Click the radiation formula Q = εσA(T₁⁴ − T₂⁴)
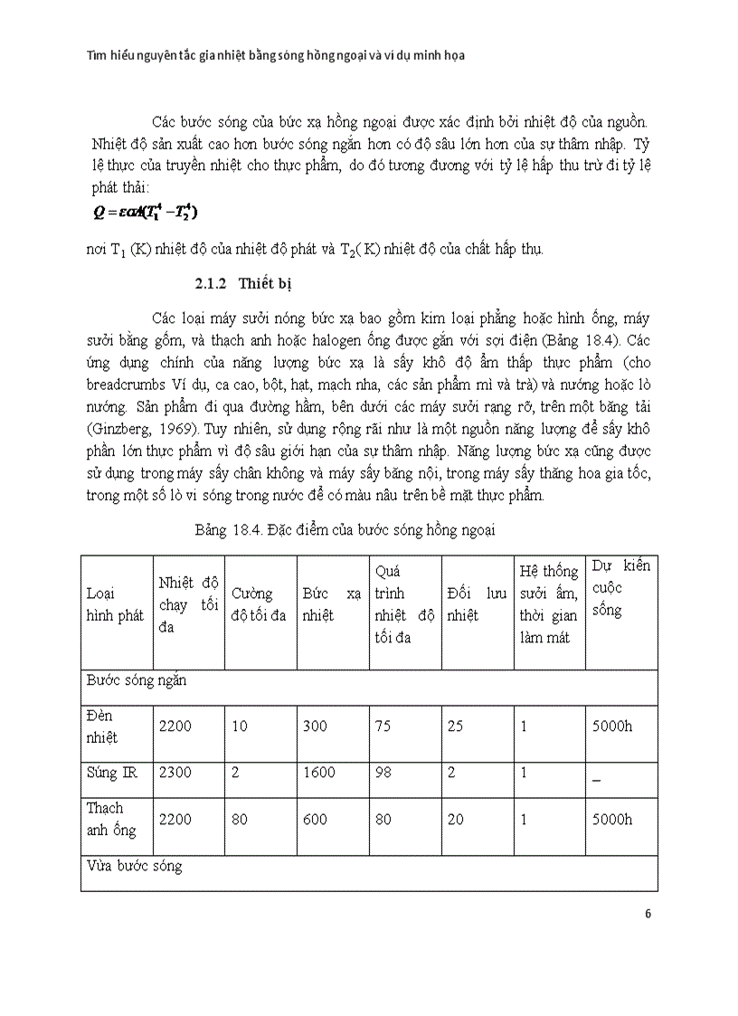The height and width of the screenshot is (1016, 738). [x=145, y=213]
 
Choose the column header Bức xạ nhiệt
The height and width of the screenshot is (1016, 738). [x=332, y=604]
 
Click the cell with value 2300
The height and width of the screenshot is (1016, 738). [x=175, y=773]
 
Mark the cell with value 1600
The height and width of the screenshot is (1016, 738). [x=319, y=773]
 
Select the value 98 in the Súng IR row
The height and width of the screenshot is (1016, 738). [x=384, y=773]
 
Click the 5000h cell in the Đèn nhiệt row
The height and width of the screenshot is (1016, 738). [x=611, y=726]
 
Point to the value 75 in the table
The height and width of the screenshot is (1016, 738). [x=384, y=726]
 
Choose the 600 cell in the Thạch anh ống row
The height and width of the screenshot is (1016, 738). [x=316, y=820]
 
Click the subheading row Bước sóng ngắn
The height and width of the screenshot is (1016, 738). [x=137, y=679]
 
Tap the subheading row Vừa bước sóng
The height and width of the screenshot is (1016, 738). [x=135, y=866]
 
